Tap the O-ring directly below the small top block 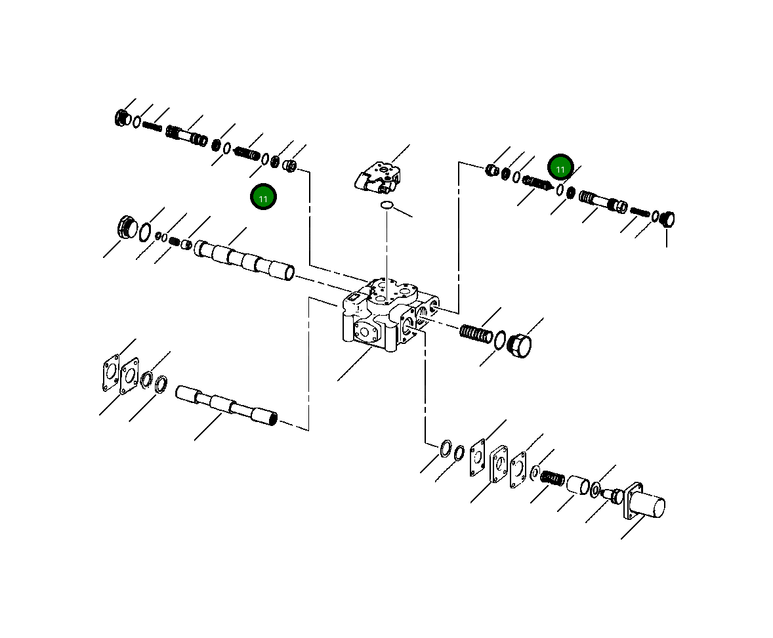click(386, 206)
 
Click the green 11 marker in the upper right click(560, 169)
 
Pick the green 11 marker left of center click(263, 198)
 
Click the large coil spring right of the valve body click(476, 334)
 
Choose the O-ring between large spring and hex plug click(500, 340)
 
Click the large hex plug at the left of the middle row click(126, 227)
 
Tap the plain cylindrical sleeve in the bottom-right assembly click(577, 486)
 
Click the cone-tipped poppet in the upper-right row click(537, 184)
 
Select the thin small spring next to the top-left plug click(152, 126)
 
